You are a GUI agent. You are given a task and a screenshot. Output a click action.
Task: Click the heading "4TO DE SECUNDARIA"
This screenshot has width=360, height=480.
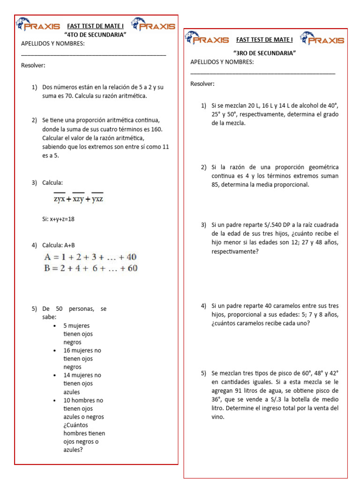(x=96, y=35)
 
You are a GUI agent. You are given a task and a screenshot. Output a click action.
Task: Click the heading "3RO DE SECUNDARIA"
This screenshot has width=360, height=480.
(x=264, y=53)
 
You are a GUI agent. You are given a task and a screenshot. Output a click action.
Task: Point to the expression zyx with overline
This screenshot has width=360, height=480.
(x=59, y=199)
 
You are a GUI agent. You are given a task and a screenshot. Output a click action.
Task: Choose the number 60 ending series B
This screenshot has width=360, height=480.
(x=132, y=268)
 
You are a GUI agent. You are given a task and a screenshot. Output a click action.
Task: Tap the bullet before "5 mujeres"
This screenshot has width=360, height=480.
(x=55, y=325)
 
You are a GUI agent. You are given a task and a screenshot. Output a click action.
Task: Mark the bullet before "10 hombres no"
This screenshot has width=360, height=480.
(x=55, y=400)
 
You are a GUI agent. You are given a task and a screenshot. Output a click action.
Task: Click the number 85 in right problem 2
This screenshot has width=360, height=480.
(x=217, y=185)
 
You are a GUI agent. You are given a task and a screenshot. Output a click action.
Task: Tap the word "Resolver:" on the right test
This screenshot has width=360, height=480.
(x=202, y=84)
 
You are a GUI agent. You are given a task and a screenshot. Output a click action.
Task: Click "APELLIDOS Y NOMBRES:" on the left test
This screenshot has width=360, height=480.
(x=53, y=44)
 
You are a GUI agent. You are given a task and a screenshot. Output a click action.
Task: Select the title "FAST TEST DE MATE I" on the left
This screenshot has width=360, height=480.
(x=95, y=26)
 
